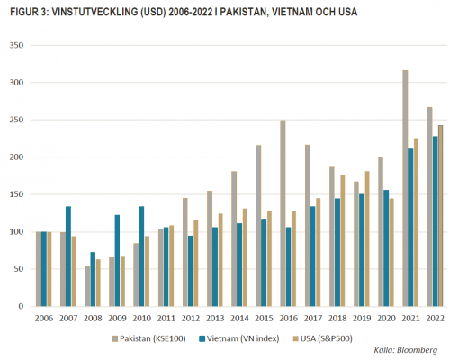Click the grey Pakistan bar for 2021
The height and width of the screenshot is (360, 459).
click(405, 188)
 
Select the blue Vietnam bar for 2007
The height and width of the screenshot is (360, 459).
click(68, 256)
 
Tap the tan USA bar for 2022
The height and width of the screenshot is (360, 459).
click(440, 216)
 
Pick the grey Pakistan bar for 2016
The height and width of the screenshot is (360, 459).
click(283, 213)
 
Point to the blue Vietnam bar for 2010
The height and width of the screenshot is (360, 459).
click(141, 256)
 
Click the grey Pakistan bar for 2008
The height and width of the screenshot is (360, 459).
click(87, 286)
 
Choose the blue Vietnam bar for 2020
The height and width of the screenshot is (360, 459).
click(386, 248)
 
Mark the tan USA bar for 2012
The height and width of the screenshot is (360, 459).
click(196, 264)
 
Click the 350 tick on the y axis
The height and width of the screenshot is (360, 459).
click(16, 45)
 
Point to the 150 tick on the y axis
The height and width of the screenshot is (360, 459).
click(16, 194)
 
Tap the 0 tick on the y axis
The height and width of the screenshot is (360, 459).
click(21, 306)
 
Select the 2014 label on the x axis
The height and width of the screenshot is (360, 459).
click(239, 318)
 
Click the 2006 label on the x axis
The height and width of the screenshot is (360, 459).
click(44, 318)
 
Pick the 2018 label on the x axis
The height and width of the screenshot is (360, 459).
click(337, 318)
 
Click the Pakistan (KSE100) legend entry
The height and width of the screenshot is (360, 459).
click(149, 338)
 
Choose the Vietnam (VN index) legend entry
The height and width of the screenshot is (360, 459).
click(239, 338)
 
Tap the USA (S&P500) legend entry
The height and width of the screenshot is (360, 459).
click(322, 338)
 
